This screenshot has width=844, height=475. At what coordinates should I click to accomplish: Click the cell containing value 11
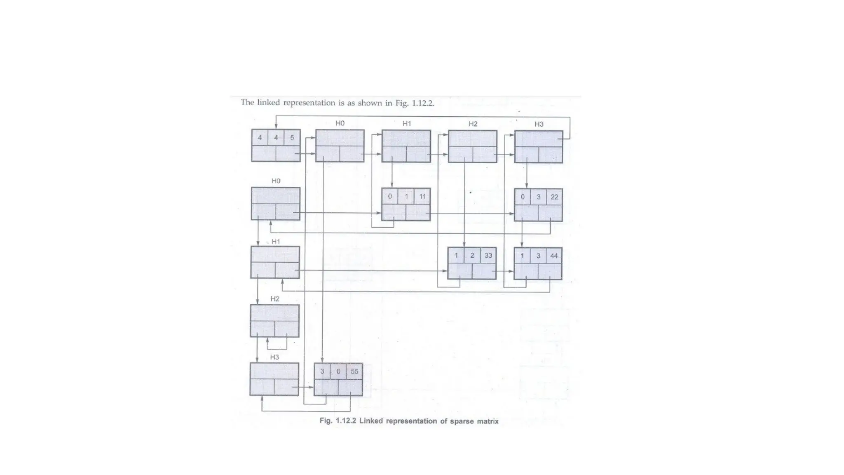click(x=422, y=197)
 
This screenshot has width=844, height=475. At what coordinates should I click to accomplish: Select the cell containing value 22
click(x=554, y=197)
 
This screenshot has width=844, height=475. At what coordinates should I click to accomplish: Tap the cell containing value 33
click(x=488, y=256)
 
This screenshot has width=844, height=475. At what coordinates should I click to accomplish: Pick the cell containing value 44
click(x=554, y=256)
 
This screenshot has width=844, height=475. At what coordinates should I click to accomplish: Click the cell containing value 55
click(x=354, y=372)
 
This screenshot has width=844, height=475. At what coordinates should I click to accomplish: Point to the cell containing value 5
click(x=292, y=138)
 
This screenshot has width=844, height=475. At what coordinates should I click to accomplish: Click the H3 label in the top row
click(x=539, y=124)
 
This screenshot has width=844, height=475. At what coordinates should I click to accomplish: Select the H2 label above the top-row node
click(x=473, y=124)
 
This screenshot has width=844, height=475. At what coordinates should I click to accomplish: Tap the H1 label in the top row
click(x=407, y=124)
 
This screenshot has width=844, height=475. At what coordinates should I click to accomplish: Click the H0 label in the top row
click(x=340, y=123)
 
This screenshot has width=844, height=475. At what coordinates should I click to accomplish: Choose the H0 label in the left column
click(x=276, y=181)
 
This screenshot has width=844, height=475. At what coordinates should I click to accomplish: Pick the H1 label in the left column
click(x=276, y=242)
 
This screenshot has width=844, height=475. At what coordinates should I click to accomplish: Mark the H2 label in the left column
click(x=275, y=299)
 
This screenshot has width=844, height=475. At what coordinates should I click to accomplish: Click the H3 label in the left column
click(x=274, y=357)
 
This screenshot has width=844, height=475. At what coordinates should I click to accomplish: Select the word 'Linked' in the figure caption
click(x=371, y=421)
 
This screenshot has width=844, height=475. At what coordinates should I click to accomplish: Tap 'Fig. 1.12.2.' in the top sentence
click(x=415, y=103)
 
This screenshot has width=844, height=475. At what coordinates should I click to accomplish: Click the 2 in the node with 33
click(x=472, y=256)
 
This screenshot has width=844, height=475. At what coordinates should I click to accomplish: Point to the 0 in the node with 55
click(x=338, y=372)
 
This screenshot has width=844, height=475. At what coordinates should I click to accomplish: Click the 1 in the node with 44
click(x=522, y=256)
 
